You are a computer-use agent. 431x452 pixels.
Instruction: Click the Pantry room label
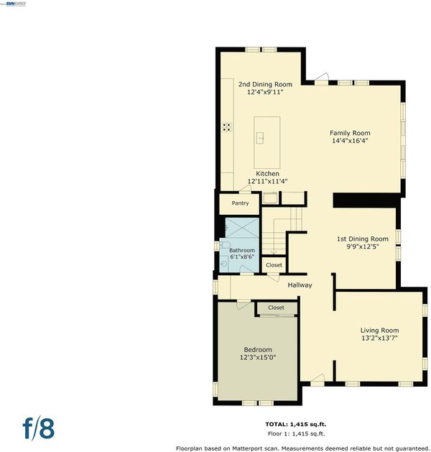(x=240, y=203)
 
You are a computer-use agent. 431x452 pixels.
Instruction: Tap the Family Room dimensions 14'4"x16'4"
(x=350, y=141)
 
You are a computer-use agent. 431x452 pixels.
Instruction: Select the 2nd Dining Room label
(x=265, y=85)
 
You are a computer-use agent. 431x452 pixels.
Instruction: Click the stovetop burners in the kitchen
(x=227, y=127)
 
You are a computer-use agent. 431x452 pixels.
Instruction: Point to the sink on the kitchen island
(x=260, y=138)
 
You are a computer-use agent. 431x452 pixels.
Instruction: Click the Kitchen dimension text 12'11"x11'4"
(x=268, y=181)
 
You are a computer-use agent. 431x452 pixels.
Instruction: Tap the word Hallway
(x=300, y=285)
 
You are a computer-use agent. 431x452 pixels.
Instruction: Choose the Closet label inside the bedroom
(x=276, y=308)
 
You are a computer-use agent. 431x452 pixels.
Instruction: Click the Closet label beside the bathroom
(x=274, y=265)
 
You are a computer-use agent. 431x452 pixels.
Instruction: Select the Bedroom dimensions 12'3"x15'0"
(x=258, y=357)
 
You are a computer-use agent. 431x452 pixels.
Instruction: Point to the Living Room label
(x=379, y=331)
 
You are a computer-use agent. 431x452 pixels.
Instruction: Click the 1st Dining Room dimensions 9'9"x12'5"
(x=363, y=246)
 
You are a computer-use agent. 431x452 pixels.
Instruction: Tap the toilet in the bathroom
(x=225, y=245)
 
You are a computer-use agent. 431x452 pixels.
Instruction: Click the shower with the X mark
(x=242, y=228)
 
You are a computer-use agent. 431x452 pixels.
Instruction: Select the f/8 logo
(x=39, y=428)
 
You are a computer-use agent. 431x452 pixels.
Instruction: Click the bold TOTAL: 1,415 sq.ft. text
(x=295, y=424)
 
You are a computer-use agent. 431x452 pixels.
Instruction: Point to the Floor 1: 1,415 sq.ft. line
(x=296, y=433)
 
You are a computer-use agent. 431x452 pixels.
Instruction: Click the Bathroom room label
(x=242, y=250)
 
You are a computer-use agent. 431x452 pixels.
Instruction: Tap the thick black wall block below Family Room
(x=366, y=200)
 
